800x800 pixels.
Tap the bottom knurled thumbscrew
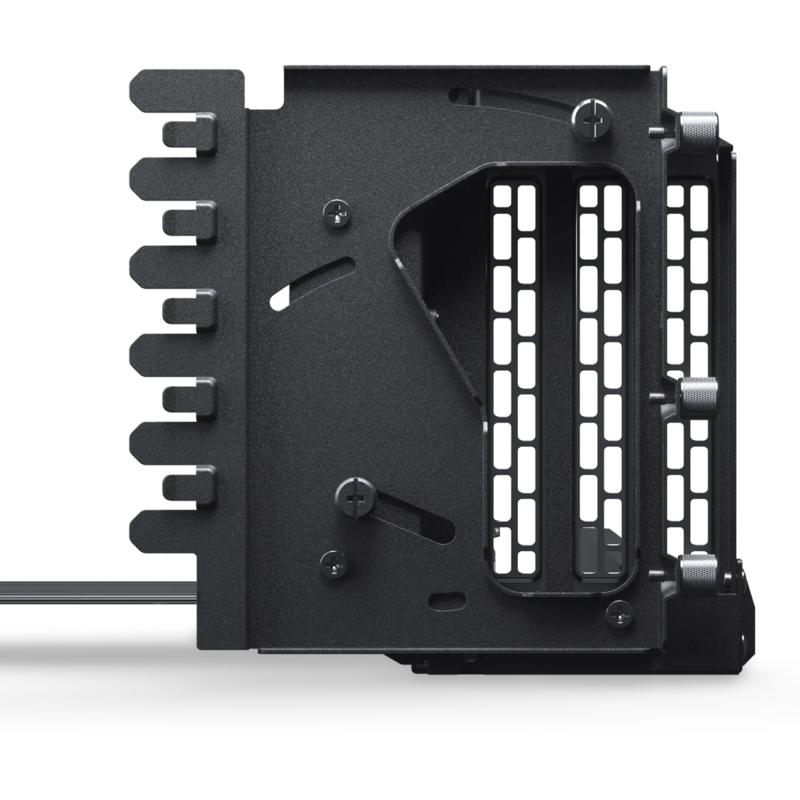click(698, 570)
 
